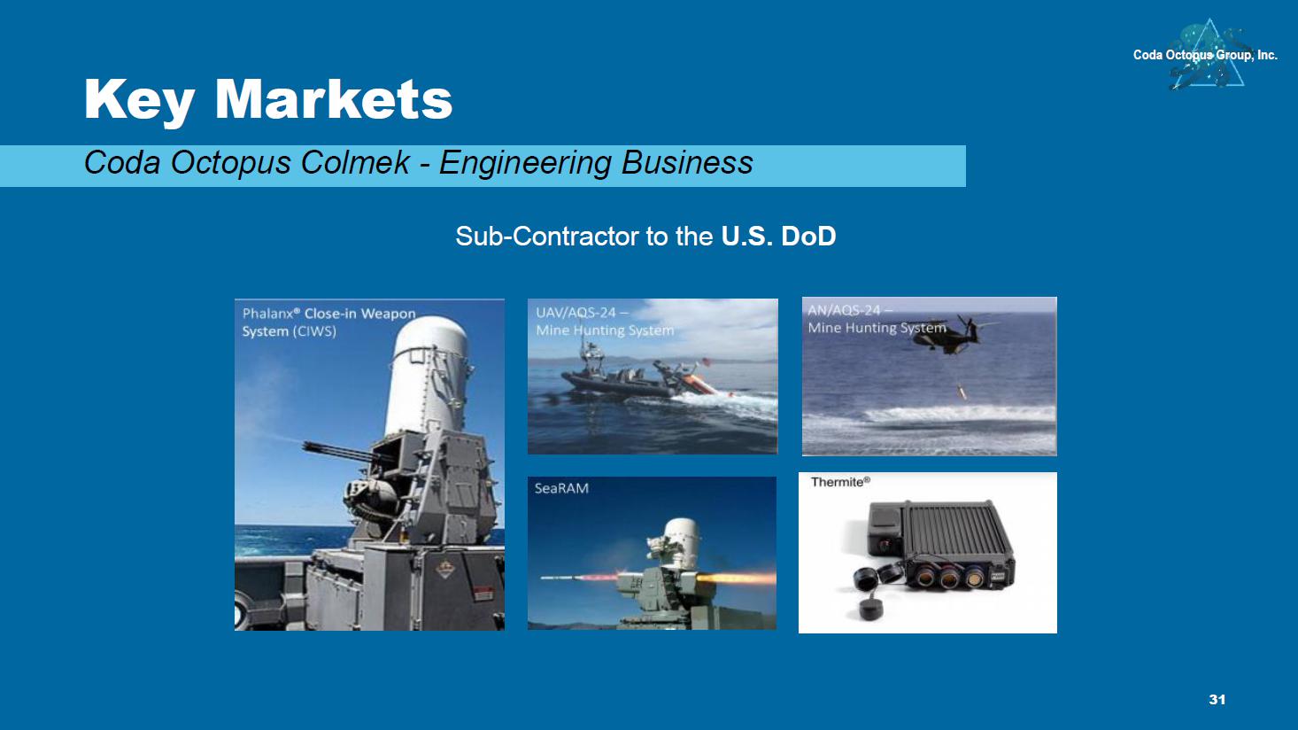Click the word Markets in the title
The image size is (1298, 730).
pos(333,99)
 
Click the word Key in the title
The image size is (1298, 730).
pos(139,102)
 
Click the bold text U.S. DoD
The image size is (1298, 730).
pos(778,237)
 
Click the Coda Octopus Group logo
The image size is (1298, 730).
pos(1205,54)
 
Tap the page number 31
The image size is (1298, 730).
pos(1217,700)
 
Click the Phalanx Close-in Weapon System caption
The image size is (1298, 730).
pos(328,322)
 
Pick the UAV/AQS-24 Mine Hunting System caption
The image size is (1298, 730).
pos(605,322)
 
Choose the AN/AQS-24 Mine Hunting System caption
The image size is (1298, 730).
pos(877,320)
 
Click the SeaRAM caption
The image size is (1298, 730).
pos(561,489)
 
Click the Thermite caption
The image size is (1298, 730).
pos(840,482)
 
